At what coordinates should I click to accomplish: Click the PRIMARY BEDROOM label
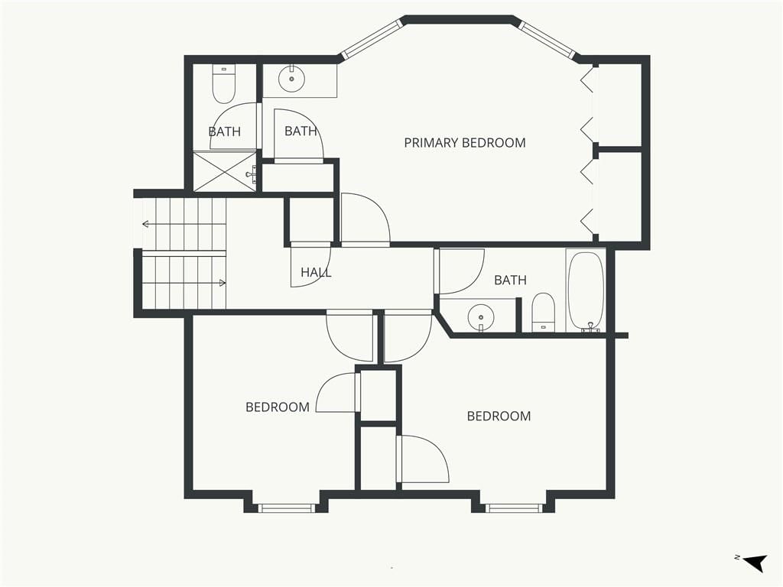point(464,143)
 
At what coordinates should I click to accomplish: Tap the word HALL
point(316,272)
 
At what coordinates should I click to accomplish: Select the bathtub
point(586,291)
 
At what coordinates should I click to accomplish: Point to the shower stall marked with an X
point(225,170)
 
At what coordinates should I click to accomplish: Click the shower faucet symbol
point(252,174)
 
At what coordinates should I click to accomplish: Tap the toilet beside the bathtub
point(544,313)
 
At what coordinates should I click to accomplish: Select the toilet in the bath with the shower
point(224,84)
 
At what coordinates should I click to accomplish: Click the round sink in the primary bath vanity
point(291,79)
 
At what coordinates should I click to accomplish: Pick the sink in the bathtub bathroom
point(481,317)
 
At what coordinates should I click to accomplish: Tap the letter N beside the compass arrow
point(737,557)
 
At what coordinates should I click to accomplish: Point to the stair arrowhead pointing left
point(145,224)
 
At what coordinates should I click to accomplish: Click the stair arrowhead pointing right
point(223,283)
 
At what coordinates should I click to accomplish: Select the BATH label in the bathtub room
point(510,280)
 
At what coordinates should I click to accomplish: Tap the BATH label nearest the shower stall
point(224,131)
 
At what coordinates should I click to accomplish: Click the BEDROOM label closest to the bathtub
point(499,417)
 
